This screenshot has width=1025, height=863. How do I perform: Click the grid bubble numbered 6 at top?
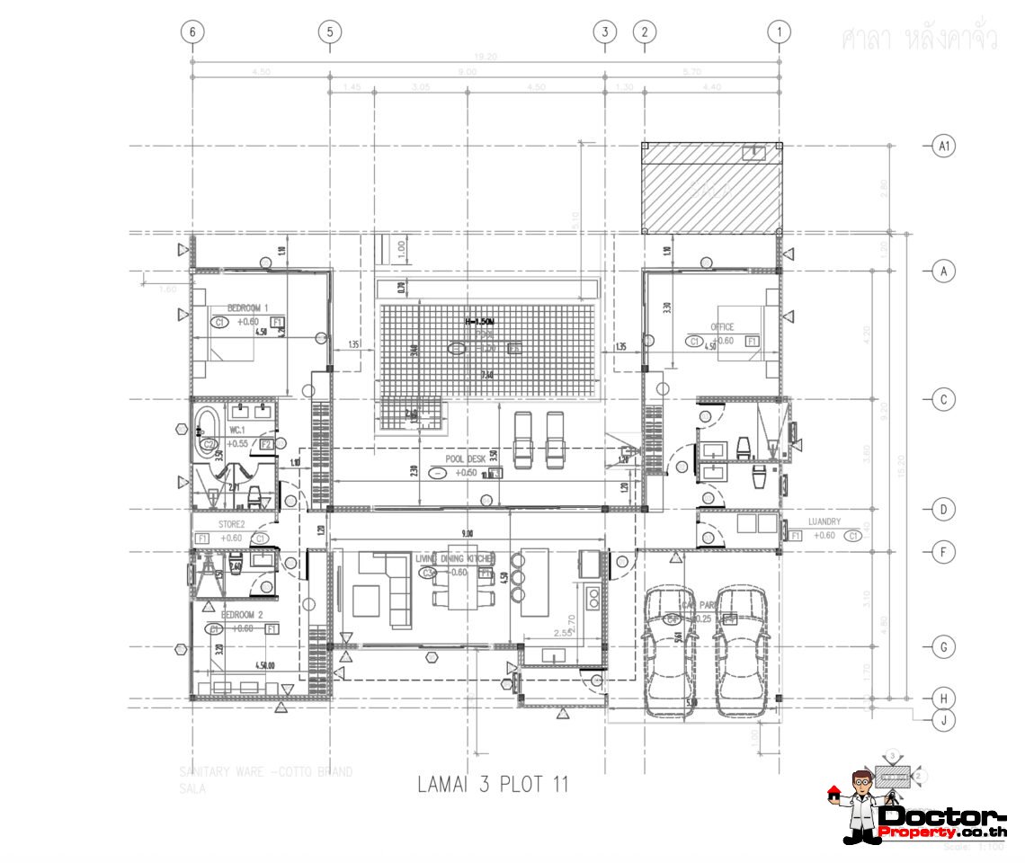[x=192, y=31]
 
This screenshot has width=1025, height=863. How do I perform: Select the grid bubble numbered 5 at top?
[x=330, y=31]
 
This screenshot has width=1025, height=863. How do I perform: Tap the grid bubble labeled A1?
[x=943, y=146]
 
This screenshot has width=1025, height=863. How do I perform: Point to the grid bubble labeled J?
[x=943, y=719]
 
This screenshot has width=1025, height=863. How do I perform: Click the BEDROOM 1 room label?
[x=248, y=308]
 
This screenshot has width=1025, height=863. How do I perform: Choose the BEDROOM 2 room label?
[x=242, y=615]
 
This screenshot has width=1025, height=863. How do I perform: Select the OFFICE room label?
[x=721, y=327]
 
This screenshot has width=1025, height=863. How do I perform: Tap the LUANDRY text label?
[x=824, y=521]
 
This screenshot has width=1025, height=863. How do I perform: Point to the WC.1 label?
[x=237, y=431]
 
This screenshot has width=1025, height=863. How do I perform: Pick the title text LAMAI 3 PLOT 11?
[x=493, y=784]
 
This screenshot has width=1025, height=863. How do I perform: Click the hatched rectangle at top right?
[x=710, y=189]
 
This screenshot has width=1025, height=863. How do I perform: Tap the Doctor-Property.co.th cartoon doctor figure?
[x=860, y=805]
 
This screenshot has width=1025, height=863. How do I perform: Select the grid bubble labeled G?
[x=943, y=647]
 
